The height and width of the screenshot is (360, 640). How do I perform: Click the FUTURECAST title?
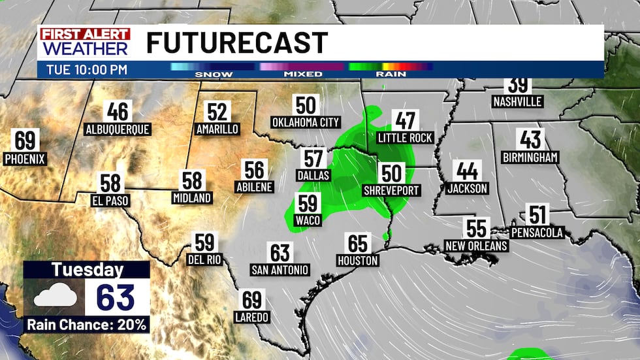236,43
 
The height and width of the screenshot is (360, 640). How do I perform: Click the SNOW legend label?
214,74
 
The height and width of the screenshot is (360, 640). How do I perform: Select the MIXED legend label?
302,74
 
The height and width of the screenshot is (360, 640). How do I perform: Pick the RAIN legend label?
391,74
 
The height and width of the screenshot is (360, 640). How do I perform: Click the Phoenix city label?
25,158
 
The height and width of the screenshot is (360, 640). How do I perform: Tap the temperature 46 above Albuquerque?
118,112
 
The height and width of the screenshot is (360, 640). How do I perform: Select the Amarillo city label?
217,129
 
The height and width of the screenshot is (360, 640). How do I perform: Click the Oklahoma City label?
306,122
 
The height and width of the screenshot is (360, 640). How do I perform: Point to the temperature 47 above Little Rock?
406,120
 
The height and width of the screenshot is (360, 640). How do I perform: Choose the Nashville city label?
517,102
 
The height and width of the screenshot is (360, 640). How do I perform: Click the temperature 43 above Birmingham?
530,139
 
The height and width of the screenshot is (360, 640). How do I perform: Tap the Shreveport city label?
392,191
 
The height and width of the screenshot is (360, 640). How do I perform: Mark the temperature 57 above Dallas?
314,158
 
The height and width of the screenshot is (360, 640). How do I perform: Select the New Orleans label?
476,246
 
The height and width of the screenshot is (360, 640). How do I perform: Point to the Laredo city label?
251,317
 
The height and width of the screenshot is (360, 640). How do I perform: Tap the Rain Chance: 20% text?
87,324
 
